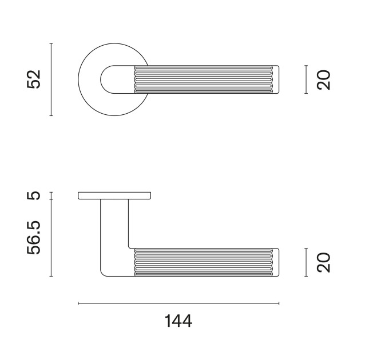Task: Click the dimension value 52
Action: click(33, 79)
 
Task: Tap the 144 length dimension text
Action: click(178, 321)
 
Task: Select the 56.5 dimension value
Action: click(33, 238)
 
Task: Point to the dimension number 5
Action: click(33, 195)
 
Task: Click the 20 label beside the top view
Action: click(324, 80)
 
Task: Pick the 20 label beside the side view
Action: click(324, 262)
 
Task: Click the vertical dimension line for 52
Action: click(51, 79)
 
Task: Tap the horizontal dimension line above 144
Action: click(178, 303)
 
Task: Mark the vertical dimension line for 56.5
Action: click(51, 238)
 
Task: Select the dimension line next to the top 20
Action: click(306, 79)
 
